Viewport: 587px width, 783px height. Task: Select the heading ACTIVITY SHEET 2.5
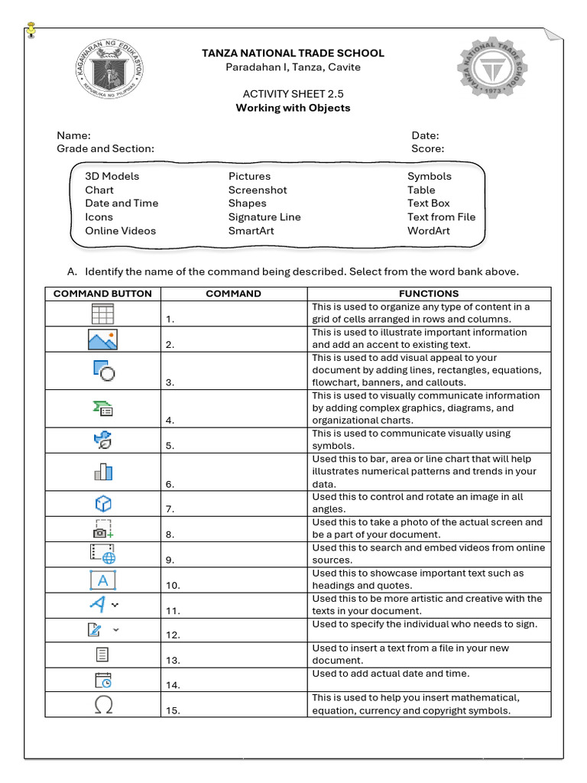(293, 94)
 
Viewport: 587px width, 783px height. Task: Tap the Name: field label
(73, 135)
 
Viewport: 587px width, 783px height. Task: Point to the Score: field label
(427, 148)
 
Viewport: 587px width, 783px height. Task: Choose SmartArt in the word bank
(251, 231)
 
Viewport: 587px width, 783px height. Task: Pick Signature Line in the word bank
(264, 217)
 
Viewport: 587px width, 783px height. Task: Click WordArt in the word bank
(428, 231)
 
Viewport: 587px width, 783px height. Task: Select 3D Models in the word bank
(112, 176)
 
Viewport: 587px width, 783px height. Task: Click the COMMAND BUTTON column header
(102, 294)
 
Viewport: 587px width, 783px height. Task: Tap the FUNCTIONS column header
(428, 294)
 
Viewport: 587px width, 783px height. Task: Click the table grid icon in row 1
(102, 314)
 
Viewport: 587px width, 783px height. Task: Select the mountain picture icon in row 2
(102, 339)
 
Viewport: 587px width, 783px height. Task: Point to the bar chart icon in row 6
(102, 471)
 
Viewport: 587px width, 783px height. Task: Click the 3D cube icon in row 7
(102, 503)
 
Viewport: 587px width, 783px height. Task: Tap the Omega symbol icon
(102, 704)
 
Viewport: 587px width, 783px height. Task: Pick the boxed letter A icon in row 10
(102, 580)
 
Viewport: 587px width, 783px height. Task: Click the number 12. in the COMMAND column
(173, 635)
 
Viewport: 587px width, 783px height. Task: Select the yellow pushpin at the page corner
(31, 30)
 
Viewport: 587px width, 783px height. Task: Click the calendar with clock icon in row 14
(102, 681)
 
